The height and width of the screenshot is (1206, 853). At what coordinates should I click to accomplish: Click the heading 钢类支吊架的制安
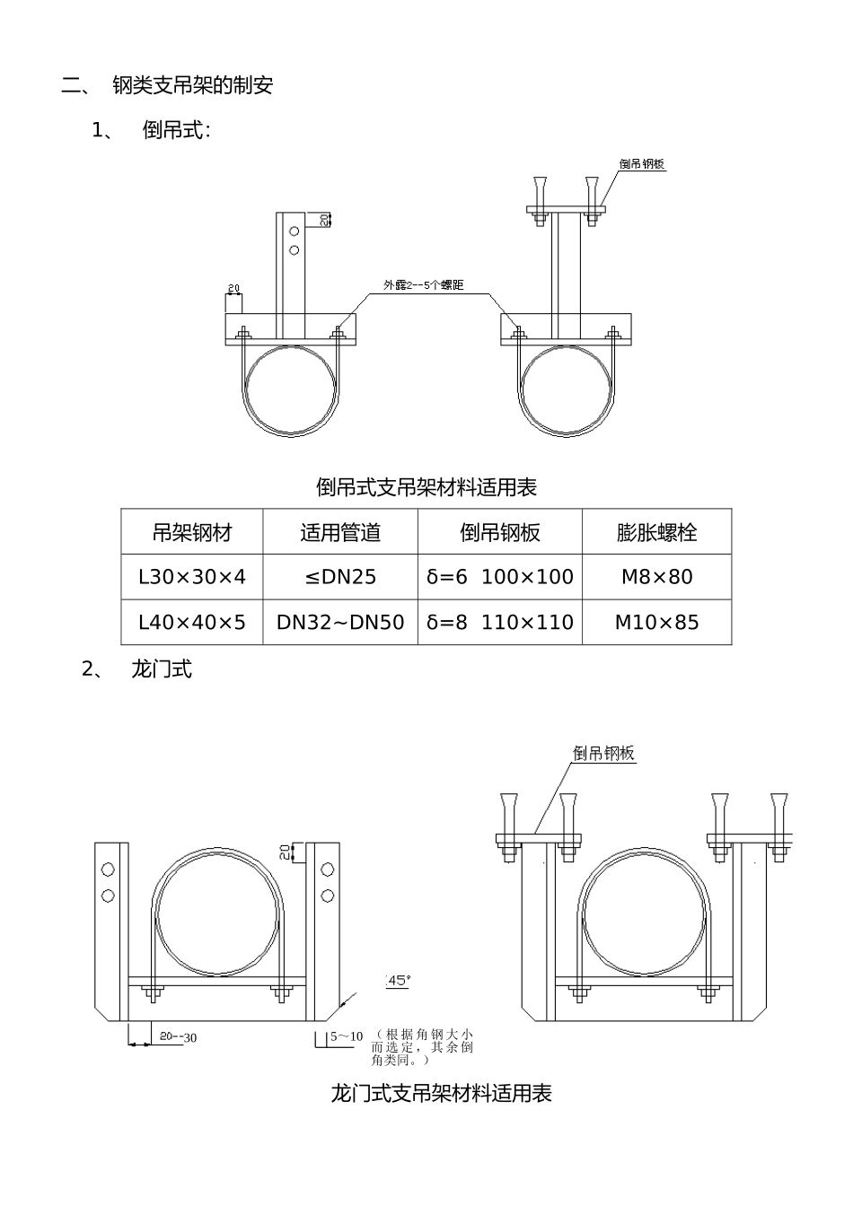coord(192,86)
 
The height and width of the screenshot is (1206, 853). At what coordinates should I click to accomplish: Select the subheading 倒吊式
coord(176,131)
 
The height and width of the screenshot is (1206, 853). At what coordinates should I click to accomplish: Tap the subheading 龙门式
coord(162,669)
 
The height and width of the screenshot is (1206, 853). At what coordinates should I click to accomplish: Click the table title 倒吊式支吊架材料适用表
coord(426,487)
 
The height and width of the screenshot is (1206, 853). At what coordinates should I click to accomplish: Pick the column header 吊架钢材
coord(192,532)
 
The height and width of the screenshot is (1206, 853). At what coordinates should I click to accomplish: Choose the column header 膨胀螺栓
coord(656,532)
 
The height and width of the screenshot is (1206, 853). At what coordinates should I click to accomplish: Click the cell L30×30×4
coord(192,577)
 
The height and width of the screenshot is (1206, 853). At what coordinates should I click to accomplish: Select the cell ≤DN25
coord(340,577)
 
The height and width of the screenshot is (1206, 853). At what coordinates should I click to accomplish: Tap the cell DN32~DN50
coord(340,622)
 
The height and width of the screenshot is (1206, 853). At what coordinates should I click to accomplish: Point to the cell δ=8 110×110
coord(500,622)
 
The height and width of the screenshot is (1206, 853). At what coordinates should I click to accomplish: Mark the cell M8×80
coord(656,577)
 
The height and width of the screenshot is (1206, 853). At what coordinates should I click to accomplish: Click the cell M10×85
coord(656,622)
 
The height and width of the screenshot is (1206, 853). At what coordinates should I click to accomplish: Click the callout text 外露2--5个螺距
coord(423,285)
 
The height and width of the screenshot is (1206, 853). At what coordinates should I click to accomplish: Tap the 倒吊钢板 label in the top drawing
coord(642,164)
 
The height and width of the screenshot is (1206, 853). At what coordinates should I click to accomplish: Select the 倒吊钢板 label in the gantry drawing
coord(603,753)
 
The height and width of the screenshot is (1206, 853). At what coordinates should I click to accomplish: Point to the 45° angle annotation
coord(398,981)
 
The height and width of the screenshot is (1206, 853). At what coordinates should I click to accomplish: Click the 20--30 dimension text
coord(178,1036)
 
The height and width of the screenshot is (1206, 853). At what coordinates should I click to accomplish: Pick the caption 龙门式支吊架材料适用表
coord(441,1093)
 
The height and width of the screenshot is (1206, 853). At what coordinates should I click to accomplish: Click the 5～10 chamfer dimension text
coord(347,1036)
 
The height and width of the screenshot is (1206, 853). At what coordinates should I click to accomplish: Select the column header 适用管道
coord(340,532)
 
